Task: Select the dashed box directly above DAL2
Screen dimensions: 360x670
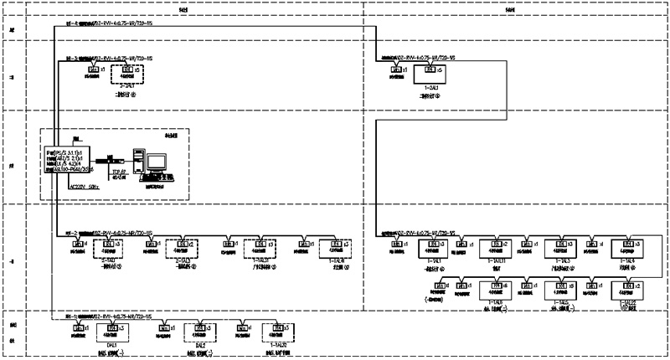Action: pos(200,330)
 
